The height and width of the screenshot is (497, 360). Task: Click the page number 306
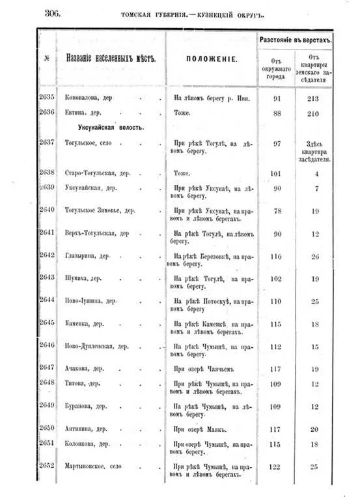pyautogui.click(x=52, y=12)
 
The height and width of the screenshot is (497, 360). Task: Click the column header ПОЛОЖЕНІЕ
pyautogui.click(x=212, y=59)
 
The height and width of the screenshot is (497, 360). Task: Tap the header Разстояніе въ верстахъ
pyautogui.click(x=296, y=40)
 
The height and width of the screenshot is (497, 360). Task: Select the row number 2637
pyautogui.click(x=47, y=142)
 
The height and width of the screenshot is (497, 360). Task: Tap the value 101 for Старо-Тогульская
pyautogui.click(x=277, y=173)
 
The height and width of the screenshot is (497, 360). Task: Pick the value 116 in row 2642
pyautogui.click(x=277, y=257)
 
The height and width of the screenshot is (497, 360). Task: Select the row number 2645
pyautogui.click(x=47, y=322)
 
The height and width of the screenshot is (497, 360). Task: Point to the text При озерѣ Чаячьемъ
pyautogui.click(x=203, y=369)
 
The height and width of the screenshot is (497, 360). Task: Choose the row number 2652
pyautogui.click(x=47, y=466)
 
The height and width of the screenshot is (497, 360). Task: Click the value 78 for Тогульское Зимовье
pyautogui.click(x=277, y=211)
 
